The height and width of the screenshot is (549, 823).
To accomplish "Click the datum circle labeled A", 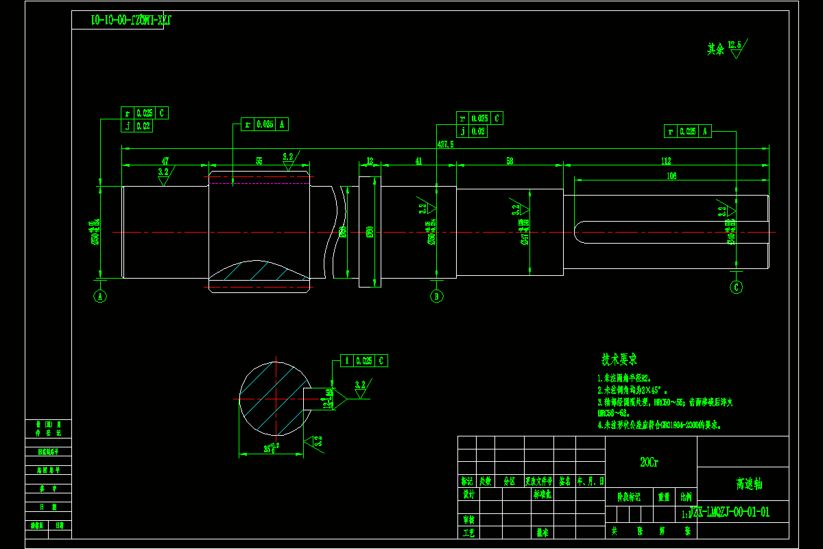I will pyautogui.click(x=101, y=296).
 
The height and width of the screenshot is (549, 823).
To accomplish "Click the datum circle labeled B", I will pyautogui.click(x=436, y=296).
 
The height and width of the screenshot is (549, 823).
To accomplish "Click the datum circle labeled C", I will pyautogui.click(x=737, y=287).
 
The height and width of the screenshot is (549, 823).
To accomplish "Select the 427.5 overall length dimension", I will pyautogui.click(x=445, y=145).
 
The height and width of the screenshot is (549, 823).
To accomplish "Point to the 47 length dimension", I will pyautogui.click(x=165, y=161).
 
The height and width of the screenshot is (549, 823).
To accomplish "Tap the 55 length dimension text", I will pyautogui.click(x=259, y=161).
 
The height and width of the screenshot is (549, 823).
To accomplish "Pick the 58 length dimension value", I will pyautogui.click(x=510, y=161).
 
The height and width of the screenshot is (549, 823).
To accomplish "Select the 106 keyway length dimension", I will pyautogui.click(x=671, y=176).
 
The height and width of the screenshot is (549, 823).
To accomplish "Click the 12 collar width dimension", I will pyautogui.click(x=370, y=161).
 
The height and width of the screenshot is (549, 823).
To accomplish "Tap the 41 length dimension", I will pyautogui.click(x=418, y=161).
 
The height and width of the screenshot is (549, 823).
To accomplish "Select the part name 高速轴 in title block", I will pyautogui.click(x=749, y=484).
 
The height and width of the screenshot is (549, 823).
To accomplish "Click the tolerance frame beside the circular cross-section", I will pyautogui.click(x=364, y=360).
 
